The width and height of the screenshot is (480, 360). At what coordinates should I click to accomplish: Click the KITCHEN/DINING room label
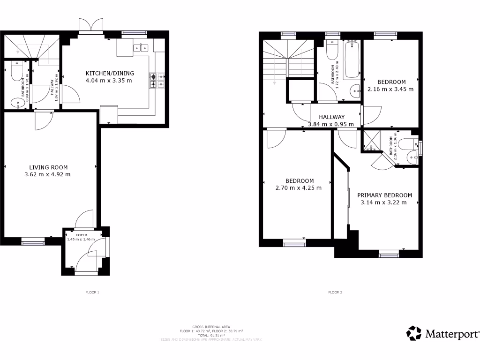110,73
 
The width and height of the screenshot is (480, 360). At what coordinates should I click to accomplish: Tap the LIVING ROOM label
48,167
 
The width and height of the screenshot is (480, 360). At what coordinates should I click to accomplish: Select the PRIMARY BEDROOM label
384,195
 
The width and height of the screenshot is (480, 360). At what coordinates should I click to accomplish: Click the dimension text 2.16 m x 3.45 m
390,89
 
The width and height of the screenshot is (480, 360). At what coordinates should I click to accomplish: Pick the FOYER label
82,234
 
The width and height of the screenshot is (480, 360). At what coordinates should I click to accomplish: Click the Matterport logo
443,334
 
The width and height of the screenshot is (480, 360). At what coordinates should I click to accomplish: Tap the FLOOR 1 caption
92,292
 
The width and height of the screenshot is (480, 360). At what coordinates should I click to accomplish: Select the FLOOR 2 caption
335,292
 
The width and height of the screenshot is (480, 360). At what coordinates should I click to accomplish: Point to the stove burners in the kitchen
157,81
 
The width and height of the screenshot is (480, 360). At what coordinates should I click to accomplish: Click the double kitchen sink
140,47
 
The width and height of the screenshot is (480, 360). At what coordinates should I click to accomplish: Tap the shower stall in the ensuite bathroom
372,142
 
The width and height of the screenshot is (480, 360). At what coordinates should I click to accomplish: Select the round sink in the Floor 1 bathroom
19,103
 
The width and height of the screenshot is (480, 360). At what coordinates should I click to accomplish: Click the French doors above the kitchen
90,26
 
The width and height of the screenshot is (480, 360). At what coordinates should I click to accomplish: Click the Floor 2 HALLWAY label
332,117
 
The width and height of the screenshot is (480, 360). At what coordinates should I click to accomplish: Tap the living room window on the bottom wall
33,241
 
